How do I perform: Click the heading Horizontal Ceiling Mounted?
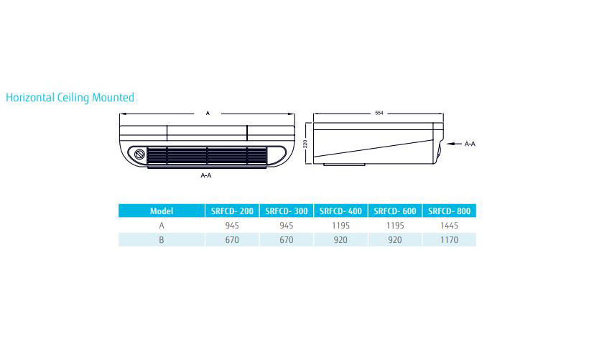point(70,97)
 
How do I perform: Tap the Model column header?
point(162,211)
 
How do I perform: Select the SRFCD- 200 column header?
point(232,211)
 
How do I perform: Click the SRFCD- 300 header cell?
point(286,211)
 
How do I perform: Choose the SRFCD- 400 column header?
point(340,211)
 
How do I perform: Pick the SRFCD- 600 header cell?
point(395,211)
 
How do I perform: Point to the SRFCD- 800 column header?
point(449,211)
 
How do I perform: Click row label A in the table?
point(162,226)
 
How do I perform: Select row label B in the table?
point(162,240)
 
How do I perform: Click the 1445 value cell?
point(449,226)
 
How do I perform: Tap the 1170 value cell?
point(449,240)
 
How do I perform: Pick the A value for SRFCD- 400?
point(340,226)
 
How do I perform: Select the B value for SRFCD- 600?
point(395,240)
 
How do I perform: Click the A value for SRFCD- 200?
point(232,226)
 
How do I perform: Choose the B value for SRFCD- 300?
point(286,240)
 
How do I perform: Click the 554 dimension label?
point(379,113)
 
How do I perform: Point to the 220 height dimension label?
point(305,143)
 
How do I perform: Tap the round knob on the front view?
point(139,154)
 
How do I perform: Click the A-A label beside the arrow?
point(470,144)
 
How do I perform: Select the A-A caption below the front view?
point(206,175)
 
